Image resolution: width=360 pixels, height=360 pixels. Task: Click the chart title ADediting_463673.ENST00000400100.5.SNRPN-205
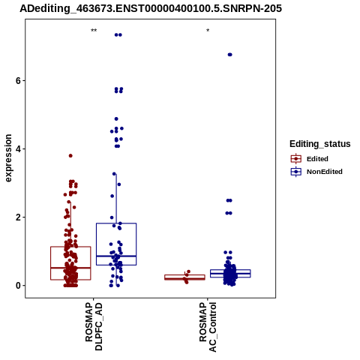coord(151,8)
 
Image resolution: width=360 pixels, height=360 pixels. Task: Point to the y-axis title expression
coord(8,158)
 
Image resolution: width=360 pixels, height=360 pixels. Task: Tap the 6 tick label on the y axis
coord(18,80)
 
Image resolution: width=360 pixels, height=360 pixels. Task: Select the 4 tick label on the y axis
coord(18,148)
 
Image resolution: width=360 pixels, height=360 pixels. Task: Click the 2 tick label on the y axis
coord(18,217)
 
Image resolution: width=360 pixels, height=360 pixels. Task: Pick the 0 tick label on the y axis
coord(18,285)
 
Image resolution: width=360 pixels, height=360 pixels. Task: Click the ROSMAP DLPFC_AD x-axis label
coord(94,326)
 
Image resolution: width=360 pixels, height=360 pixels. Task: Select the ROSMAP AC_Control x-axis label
coord(208,327)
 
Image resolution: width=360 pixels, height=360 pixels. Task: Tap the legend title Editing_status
coord(320,144)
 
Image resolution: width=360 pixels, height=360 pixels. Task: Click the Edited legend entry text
coord(317,159)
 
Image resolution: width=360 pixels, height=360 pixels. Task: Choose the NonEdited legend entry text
coord(325,172)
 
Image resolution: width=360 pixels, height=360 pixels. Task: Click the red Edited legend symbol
coord(296,159)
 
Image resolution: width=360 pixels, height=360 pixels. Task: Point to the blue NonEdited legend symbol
coord(296,172)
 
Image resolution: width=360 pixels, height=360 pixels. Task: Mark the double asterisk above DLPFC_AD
coord(94,31)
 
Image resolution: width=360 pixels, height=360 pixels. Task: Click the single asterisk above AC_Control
coord(208,31)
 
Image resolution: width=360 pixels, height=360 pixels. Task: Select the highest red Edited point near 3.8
coord(70,156)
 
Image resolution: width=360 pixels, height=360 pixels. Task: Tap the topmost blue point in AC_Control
coord(229,55)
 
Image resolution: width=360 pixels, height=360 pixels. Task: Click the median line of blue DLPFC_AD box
coord(116,256)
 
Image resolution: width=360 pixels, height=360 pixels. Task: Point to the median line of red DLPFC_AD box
coord(70,268)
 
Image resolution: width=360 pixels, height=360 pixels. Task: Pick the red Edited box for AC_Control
coord(184,277)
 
